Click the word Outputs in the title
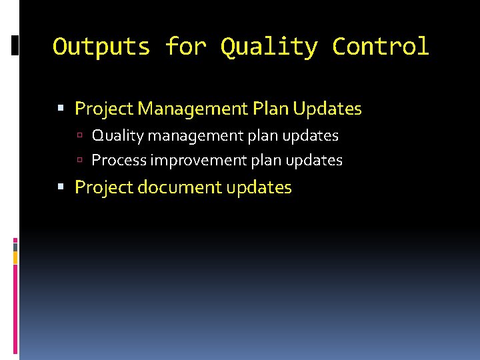coord(102,47)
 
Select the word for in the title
coord(186,47)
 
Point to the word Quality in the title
coord(269,47)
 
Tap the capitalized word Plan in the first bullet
coord(271,108)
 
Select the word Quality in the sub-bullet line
coord(117,135)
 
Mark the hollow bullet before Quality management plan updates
coord(79,136)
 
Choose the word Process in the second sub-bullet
coord(119,160)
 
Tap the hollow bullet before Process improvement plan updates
coord(79,161)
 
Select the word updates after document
coord(259,187)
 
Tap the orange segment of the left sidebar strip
coord(15,257)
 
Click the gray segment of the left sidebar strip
coord(15,246)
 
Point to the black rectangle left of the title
coord(15,45)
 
